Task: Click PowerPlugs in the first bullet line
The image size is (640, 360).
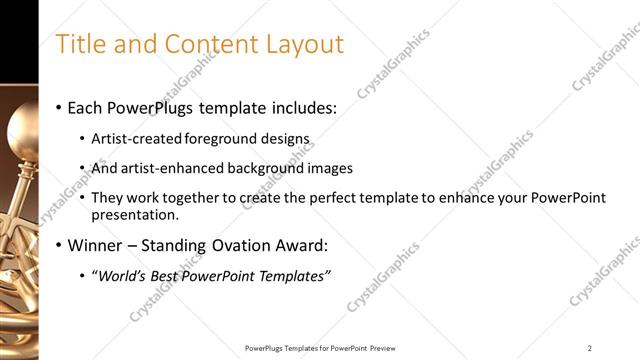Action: [153, 107]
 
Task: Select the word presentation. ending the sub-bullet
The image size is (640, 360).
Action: [135, 214]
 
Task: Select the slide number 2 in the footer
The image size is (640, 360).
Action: [590, 348]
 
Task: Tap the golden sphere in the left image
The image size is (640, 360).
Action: [22, 129]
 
